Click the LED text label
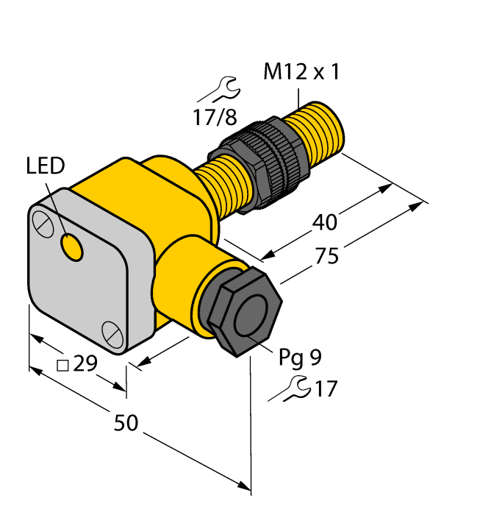point(46,166)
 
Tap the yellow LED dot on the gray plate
point(72,247)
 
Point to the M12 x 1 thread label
point(301,73)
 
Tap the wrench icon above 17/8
point(219,90)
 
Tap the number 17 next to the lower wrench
point(325,388)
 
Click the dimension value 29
point(86,364)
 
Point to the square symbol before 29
point(63,365)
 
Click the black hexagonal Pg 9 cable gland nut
point(243,310)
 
